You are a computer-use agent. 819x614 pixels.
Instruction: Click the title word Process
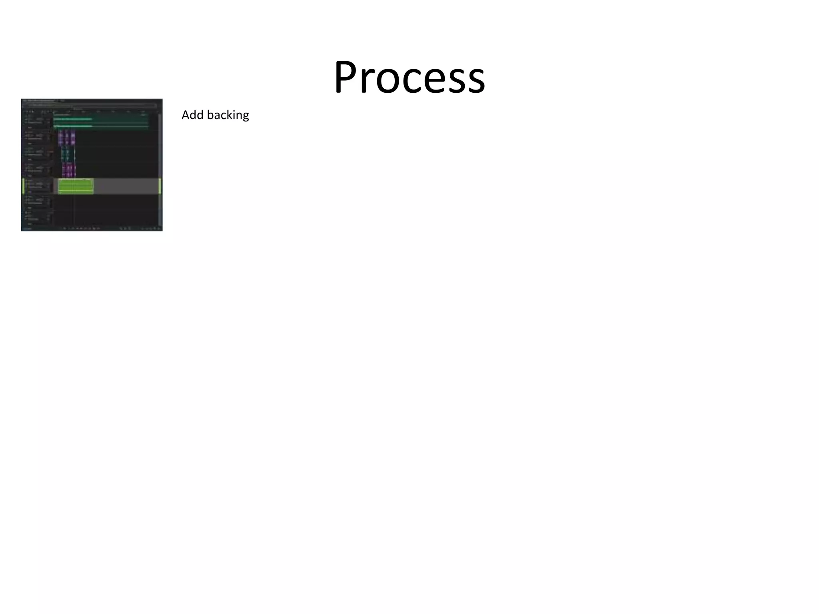pos(409,77)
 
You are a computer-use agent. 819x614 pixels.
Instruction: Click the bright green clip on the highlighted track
pos(76,186)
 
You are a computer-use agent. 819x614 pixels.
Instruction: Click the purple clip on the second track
pos(67,138)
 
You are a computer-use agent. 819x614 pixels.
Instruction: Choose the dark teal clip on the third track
pos(67,154)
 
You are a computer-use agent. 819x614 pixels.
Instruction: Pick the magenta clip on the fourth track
pos(69,170)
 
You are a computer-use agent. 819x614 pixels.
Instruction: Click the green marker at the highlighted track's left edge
pos(23,186)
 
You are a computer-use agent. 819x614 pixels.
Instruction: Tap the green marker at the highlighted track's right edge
pos(160,186)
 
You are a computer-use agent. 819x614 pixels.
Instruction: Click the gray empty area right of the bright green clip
pos(126,186)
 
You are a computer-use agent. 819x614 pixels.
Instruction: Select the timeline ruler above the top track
pos(104,112)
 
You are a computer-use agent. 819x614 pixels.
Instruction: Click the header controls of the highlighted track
pos(38,186)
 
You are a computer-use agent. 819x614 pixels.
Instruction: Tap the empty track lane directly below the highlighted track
pos(104,202)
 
